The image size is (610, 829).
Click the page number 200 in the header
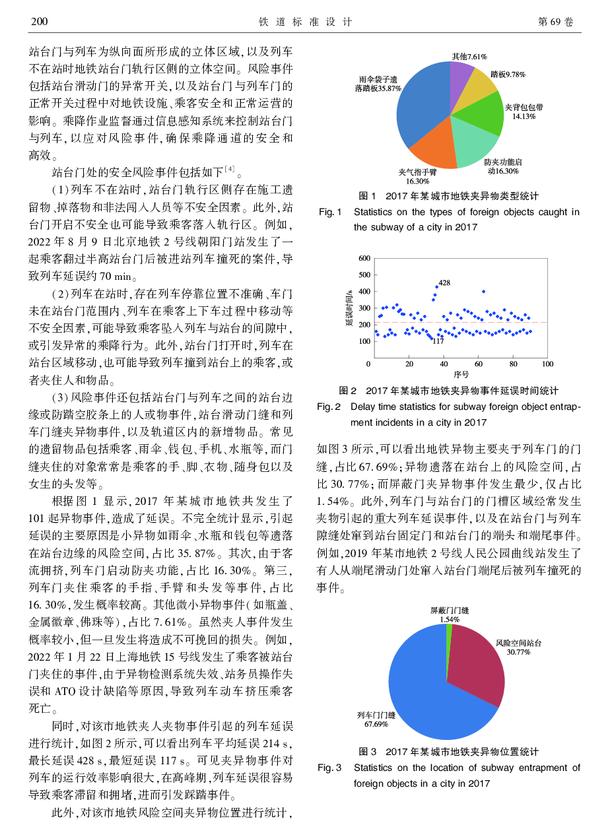(40, 22)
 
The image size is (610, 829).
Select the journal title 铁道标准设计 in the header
(304, 22)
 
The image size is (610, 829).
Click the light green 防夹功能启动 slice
(476, 145)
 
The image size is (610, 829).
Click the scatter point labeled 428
(436, 287)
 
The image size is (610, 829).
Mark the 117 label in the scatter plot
(438, 341)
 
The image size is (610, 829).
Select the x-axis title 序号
(457, 374)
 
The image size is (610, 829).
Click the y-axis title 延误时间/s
(349, 309)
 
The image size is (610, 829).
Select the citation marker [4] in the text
(229, 170)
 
